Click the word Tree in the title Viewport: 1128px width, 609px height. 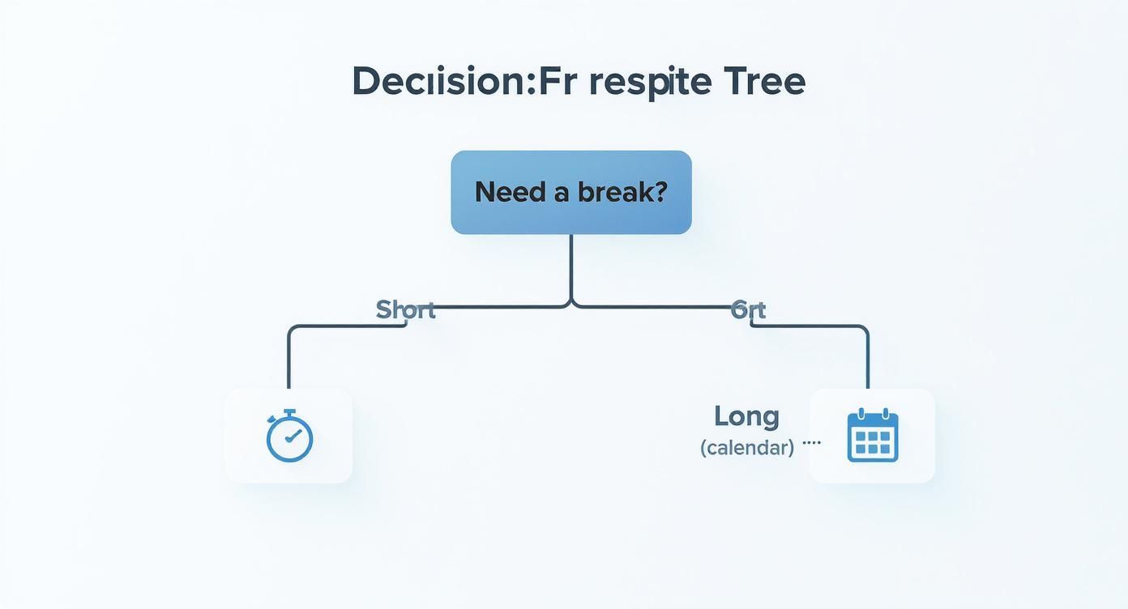pyautogui.click(x=765, y=82)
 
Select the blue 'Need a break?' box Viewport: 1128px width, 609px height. pyautogui.click(x=571, y=192)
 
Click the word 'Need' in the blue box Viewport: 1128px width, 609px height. pyautogui.click(x=499, y=192)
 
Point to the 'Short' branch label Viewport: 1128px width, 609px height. pyautogui.click(x=405, y=309)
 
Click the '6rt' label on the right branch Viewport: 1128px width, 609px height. pyautogui.click(x=748, y=309)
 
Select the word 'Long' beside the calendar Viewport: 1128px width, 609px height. pyautogui.click(x=746, y=416)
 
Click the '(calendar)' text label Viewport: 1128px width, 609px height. pyautogui.click(x=746, y=447)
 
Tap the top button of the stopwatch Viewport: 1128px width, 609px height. pyautogui.click(x=289, y=412)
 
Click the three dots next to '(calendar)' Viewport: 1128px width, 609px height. pyautogui.click(x=811, y=443)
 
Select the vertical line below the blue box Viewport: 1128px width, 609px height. pyautogui.click(x=571, y=267)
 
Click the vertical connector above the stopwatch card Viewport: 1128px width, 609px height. pyautogui.click(x=288, y=360)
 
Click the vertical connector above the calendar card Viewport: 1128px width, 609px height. pyautogui.click(x=868, y=360)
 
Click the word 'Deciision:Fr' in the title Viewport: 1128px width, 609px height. pyautogui.click(x=445, y=82)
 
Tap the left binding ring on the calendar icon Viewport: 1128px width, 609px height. pyautogui.click(x=860, y=413)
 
